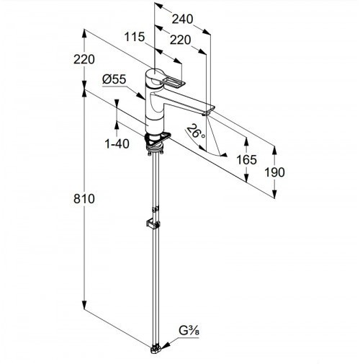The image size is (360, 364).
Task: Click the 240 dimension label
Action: click(182, 19)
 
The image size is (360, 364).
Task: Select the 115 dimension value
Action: click(135, 37)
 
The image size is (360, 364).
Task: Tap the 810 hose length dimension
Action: click(84, 199)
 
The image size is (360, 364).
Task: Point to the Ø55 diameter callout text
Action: click(114, 79)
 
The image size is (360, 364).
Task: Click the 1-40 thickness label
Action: click(117, 144)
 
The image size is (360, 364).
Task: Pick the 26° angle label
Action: click(196, 131)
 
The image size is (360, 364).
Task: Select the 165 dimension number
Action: click(246, 159)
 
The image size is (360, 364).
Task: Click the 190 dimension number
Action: click(274, 172)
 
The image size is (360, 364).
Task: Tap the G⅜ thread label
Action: click(189, 331)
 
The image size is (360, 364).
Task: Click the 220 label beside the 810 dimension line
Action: click(84, 59)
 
